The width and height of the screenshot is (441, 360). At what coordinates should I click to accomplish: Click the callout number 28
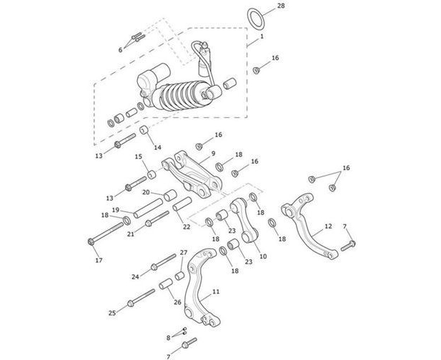pyautogui.click(x=281, y=6)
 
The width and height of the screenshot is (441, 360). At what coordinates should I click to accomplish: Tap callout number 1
pyautogui.click(x=262, y=36)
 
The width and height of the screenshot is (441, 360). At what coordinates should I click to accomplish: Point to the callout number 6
pyautogui.click(x=121, y=50)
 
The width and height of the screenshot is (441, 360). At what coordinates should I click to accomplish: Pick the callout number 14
pyautogui.click(x=158, y=147)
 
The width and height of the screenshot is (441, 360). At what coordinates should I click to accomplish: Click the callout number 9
pyautogui.click(x=213, y=153)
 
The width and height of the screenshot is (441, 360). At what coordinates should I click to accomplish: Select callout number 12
pyautogui.click(x=328, y=226)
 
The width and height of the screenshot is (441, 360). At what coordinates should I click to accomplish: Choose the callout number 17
pyautogui.click(x=99, y=260)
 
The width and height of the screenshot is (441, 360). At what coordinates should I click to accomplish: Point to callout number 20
pyautogui.click(x=146, y=193)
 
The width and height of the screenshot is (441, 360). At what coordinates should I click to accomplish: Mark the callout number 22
pyautogui.click(x=186, y=227)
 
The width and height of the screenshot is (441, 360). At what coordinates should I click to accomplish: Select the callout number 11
pyautogui.click(x=216, y=292)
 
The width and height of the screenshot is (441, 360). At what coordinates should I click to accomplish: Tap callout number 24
pyautogui.click(x=135, y=276)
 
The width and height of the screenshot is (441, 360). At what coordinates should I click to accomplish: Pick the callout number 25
pyautogui.click(x=112, y=313)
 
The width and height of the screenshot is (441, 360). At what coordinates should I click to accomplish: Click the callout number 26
pyautogui.click(x=177, y=301)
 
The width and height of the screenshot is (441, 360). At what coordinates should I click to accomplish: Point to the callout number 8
pyautogui.click(x=169, y=337)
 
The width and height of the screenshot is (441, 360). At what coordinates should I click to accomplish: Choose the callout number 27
pyautogui.click(x=184, y=253)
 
